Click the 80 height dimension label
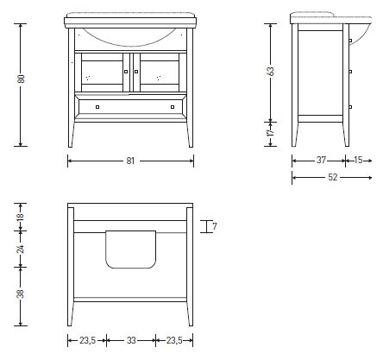point(22,79)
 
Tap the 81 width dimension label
point(130,161)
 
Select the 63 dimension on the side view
point(271,72)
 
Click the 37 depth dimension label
point(321,160)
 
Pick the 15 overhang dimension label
point(358,160)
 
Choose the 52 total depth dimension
point(333,177)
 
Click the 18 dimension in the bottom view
point(21,217)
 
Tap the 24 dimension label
point(21,249)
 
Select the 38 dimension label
point(21,294)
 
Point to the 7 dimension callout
point(215,226)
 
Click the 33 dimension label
point(131,340)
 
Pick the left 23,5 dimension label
point(88,340)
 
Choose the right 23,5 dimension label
point(174,340)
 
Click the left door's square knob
point(126,72)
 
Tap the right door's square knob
point(136,72)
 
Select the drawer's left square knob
point(97,107)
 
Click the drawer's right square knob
point(173,107)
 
